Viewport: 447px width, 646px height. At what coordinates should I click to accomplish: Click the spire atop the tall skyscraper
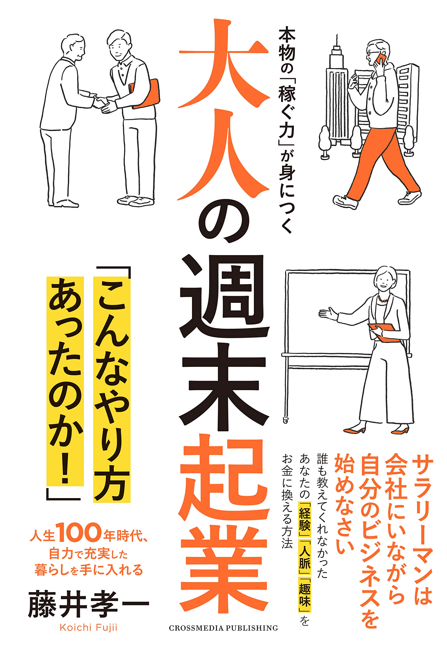pos(336,42)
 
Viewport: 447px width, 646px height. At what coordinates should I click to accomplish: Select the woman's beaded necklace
pos(383,299)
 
